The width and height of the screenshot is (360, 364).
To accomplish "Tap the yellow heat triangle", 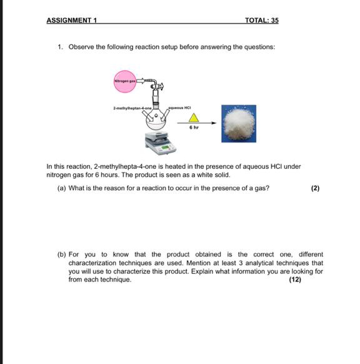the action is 194,118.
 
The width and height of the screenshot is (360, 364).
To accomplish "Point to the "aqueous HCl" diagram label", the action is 179,108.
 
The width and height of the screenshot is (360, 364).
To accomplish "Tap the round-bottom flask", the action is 157,120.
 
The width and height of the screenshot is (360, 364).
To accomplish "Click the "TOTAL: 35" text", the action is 262,21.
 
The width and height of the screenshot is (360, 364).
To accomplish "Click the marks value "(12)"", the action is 294,280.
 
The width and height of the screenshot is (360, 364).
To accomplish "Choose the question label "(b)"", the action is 61,255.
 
